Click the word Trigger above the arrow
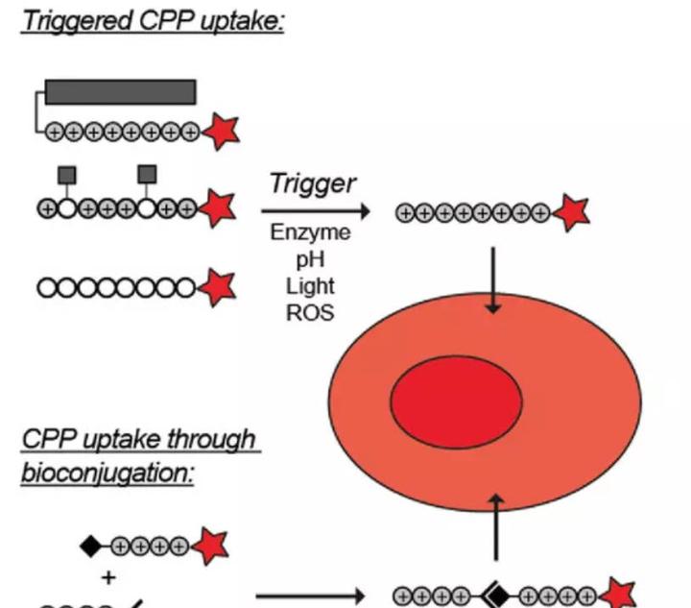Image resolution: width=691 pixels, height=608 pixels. [x=313, y=183]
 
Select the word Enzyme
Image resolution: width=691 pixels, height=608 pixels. [x=310, y=232]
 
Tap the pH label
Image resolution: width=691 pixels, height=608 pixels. [x=310, y=259]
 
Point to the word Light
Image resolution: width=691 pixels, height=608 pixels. [x=310, y=285]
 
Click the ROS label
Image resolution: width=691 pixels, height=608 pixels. [x=310, y=312]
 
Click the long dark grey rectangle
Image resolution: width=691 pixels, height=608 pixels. [x=120, y=92]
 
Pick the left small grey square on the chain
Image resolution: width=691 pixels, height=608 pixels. [x=67, y=175]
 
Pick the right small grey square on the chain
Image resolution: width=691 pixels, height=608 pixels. [x=147, y=174]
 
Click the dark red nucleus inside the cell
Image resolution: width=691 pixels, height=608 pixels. [x=456, y=402]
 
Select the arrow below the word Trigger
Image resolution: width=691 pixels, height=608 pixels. [x=316, y=211]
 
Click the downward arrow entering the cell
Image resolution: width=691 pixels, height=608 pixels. [x=493, y=280]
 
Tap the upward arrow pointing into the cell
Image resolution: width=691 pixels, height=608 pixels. [x=497, y=527]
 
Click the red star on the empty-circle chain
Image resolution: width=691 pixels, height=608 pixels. [x=217, y=287]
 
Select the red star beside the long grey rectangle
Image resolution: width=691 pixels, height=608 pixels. [x=222, y=131]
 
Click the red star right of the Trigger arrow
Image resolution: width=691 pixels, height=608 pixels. [x=572, y=212]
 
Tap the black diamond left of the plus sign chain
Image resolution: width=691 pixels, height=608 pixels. [x=90, y=547]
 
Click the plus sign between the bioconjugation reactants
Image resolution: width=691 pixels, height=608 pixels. [x=108, y=577]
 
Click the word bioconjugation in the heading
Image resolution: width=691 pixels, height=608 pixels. [x=107, y=474]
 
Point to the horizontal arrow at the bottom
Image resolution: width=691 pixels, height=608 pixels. [x=310, y=597]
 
